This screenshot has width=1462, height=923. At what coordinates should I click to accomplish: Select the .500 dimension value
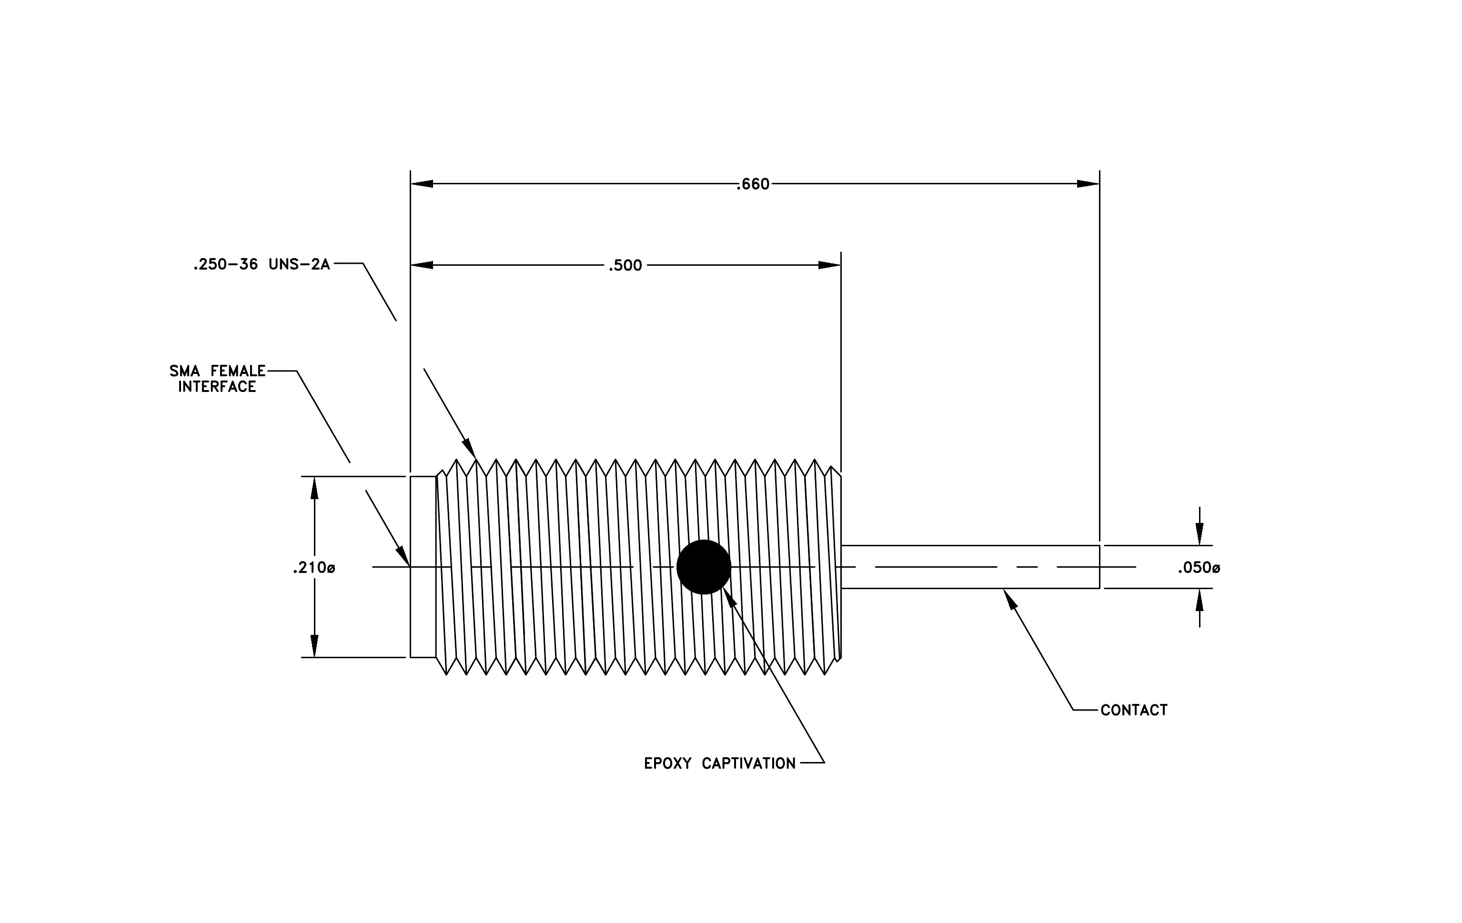click(x=625, y=266)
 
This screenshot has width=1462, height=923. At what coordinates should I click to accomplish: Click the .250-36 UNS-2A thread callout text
click(x=262, y=265)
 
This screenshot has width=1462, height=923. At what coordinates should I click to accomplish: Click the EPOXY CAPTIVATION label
click(x=719, y=763)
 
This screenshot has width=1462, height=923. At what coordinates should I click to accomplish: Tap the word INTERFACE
click(x=217, y=387)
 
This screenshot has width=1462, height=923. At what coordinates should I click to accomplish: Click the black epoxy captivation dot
click(x=704, y=567)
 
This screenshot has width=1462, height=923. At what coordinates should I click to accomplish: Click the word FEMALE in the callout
click(x=238, y=371)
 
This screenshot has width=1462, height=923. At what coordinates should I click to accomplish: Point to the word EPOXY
click(x=668, y=763)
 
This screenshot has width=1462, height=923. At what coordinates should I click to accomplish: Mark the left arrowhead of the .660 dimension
click(x=422, y=184)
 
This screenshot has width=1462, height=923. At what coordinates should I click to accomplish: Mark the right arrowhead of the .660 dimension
click(x=1088, y=184)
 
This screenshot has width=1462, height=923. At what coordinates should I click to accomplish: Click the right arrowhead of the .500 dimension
click(x=829, y=265)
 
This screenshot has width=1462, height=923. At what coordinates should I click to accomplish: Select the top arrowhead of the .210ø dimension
click(x=314, y=488)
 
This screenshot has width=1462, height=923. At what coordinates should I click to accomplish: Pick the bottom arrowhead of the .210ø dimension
click(x=314, y=646)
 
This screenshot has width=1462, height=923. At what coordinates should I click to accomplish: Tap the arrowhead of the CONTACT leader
click(x=1010, y=599)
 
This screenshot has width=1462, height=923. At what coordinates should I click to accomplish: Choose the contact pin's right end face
click(x=1099, y=567)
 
